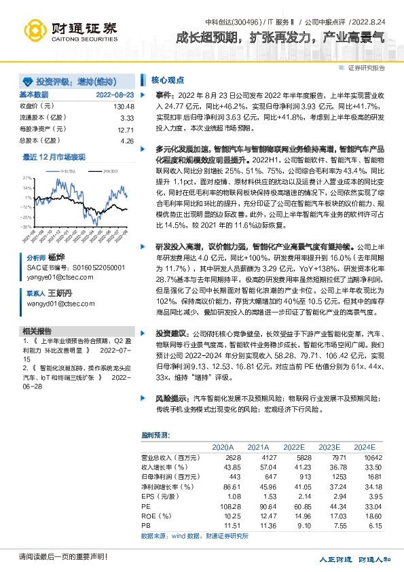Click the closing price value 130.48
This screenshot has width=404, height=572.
pos(124,107)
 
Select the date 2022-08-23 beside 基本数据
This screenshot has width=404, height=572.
pos(115,94)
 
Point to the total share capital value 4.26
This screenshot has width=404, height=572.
pos(127,141)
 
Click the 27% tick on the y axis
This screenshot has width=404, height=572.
pos(29,177)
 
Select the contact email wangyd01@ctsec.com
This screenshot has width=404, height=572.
pos(56,304)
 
